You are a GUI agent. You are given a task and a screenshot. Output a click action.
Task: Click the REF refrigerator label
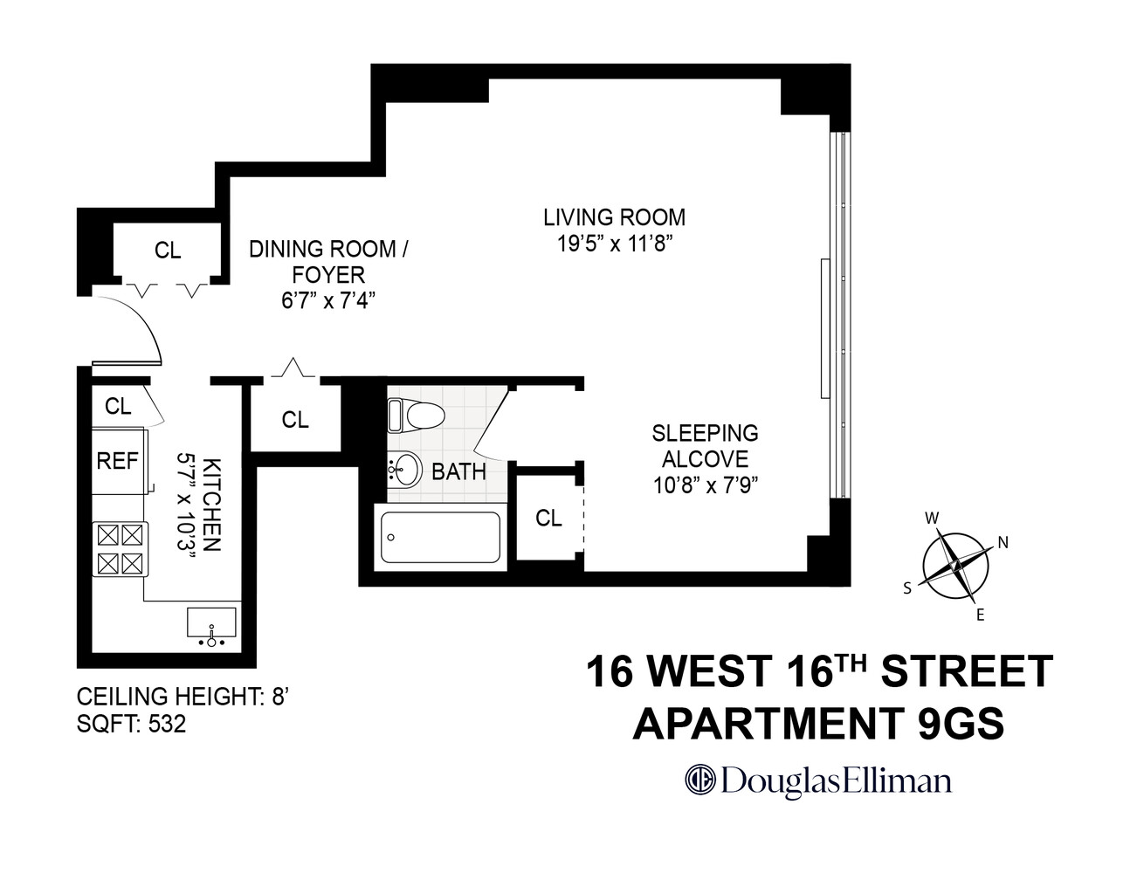(x=117, y=460)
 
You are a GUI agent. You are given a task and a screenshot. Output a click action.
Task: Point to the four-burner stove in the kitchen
(x=120, y=548)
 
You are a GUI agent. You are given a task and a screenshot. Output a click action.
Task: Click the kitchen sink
(x=211, y=623)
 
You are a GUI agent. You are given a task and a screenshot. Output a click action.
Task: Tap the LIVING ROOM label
(x=614, y=217)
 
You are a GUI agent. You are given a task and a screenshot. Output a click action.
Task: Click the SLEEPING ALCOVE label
(x=705, y=445)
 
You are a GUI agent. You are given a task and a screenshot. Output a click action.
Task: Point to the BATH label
(x=458, y=472)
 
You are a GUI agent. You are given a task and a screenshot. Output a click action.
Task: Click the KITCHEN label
(x=211, y=504)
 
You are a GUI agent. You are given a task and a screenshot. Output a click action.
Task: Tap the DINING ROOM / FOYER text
(x=329, y=261)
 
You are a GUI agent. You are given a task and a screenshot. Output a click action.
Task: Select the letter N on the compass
(x=1003, y=542)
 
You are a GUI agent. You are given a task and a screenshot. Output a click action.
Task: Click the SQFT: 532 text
(x=131, y=724)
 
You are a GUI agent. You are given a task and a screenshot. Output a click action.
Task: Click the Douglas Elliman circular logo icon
(x=699, y=779)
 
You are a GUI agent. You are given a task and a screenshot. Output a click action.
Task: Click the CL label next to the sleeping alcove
(x=548, y=518)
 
